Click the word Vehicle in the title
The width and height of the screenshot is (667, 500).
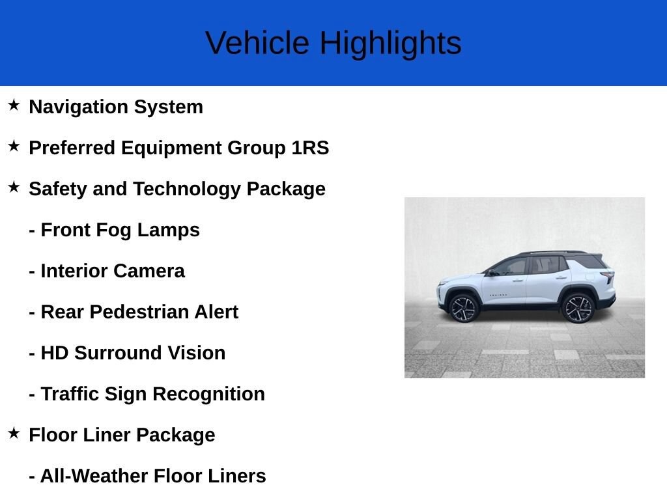pyautogui.click(x=257, y=43)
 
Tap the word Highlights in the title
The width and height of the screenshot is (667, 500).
pyautogui.click(x=391, y=44)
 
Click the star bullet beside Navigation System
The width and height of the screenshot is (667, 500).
pyautogui.click(x=14, y=105)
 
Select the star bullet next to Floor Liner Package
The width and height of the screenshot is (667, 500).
pyautogui.click(x=14, y=433)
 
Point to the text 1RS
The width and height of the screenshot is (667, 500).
pyautogui.click(x=310, y=148)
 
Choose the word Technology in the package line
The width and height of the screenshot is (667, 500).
pyautogui.click(x=187, y=189)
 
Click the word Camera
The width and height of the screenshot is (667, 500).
pyautogui.click(x=149, y=271)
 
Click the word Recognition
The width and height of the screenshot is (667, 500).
pyautogui.click(x=208, y=395)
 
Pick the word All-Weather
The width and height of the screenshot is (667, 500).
pyautogui.click(x=94, y=476)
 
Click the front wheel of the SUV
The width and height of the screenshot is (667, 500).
pyautogui.click(x=464, y=308)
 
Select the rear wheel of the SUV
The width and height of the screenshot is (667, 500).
pyautogui.click(x=578, y=308)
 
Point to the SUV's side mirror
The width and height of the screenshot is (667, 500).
pyautogui.click(x=492, y=273)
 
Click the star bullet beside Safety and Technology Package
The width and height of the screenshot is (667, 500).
pyautogui.click(x=14, y=187)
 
